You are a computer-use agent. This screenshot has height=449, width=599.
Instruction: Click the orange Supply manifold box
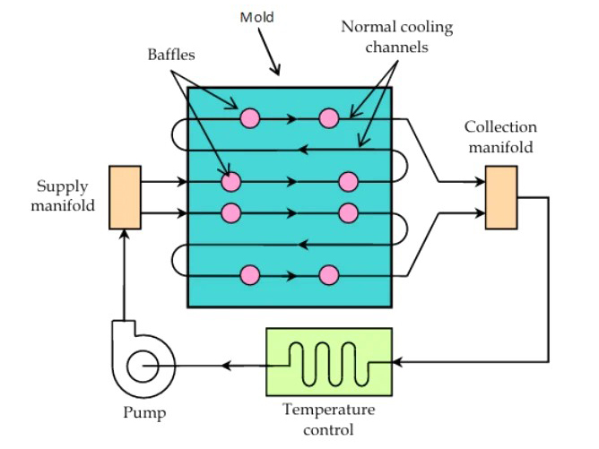[124, 196]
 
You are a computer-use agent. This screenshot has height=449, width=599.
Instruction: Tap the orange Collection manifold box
[501, 197]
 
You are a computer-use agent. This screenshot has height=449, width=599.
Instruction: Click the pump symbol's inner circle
[142, 366]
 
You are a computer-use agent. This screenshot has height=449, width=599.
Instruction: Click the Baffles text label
[170, 55]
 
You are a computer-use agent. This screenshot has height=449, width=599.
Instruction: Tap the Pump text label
[143, 413]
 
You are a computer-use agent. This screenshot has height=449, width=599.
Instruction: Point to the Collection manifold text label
[500, 136]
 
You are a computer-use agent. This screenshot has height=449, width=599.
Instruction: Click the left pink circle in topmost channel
[249, 117]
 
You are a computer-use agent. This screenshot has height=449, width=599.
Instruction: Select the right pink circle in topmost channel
[329, 117]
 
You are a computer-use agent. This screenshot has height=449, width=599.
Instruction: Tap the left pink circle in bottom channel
[249, 275]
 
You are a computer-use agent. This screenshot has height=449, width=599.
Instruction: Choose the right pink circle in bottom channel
[329, 275]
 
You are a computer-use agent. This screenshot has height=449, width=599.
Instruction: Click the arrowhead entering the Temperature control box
[398, 362]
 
